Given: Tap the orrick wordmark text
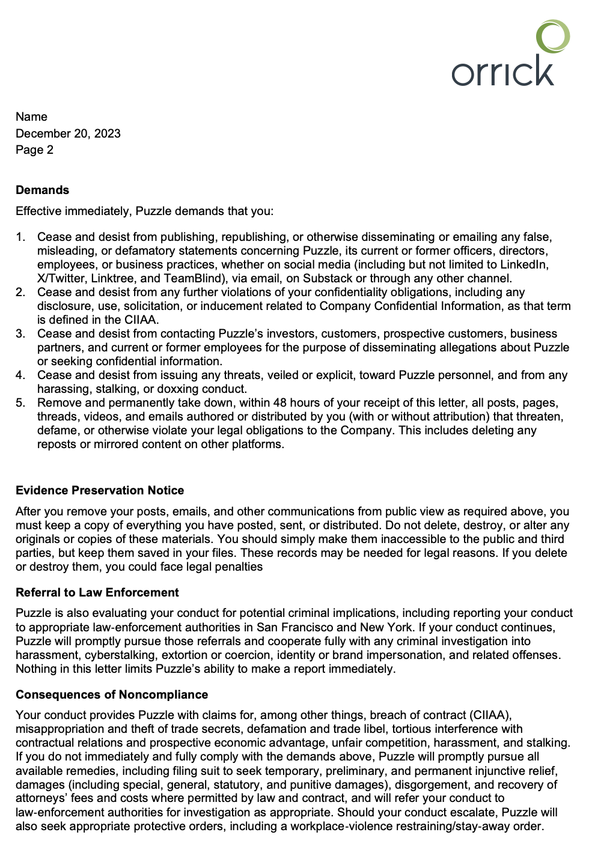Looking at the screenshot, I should tap(502, 71).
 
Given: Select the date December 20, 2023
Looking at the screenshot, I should tap(68, 133).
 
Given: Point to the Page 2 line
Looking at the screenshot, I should tap(34, 150).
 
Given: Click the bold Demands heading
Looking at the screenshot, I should tap(42, 190).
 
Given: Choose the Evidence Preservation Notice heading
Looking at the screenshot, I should tap(100, 490).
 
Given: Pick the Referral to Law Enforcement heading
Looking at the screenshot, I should tap(97, 592).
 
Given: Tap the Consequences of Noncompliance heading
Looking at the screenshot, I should tap(112, 694).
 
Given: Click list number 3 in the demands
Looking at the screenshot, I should tap(20, 333).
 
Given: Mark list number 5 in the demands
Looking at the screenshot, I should tap(20, 402).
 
